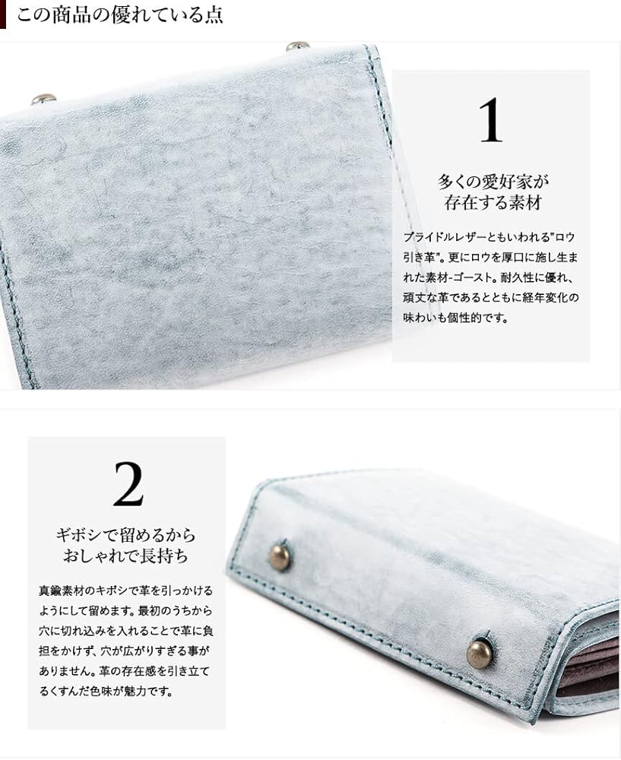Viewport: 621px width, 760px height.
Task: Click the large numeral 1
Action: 490,121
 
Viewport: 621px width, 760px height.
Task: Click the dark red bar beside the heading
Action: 3,14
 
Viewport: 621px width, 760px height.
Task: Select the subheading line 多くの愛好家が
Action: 492,182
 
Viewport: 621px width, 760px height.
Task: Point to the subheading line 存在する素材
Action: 492,203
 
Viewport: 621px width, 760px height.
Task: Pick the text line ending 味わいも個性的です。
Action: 455,318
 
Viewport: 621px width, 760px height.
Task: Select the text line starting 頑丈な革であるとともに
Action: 490,298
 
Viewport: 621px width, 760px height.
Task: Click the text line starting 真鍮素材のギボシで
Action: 125,590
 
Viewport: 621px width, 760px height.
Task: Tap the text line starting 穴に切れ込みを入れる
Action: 125,631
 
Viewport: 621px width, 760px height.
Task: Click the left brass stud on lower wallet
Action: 280,556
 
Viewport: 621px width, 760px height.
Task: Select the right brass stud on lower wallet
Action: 479,653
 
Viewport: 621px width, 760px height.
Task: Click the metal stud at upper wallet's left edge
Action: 43,99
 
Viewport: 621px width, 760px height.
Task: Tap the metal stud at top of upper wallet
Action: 297,46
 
